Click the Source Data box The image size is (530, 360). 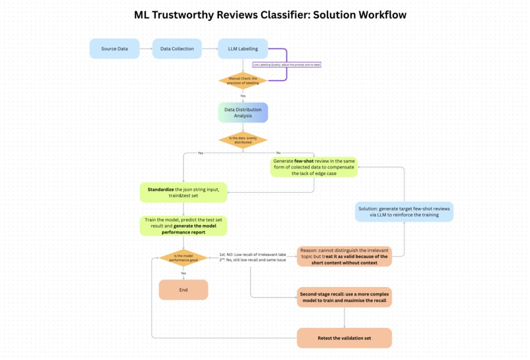click(114, 49)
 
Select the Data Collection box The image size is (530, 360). click(178, 49)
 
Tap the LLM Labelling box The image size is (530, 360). click(243, 49)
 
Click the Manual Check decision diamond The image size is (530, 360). click(243, 80)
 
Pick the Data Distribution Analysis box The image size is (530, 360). click(243, 112)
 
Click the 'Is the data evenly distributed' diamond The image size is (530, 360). click(243, 140)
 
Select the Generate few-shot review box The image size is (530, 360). click(314, 167)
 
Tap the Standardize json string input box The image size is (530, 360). click(183, 192)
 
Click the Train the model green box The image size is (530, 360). click(183, 226)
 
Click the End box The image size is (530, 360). click(183, 290)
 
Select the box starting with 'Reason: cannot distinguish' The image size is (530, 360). click(344, 256)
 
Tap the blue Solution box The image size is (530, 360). click(404, 211)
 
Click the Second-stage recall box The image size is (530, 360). click(344, 297)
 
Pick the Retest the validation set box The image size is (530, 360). click(344, 338)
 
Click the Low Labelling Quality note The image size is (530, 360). click(291, 64)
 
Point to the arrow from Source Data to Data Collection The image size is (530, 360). click(146, 49)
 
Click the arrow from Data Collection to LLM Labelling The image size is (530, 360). click(210, 49)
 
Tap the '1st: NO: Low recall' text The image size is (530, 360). click(253, 254)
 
